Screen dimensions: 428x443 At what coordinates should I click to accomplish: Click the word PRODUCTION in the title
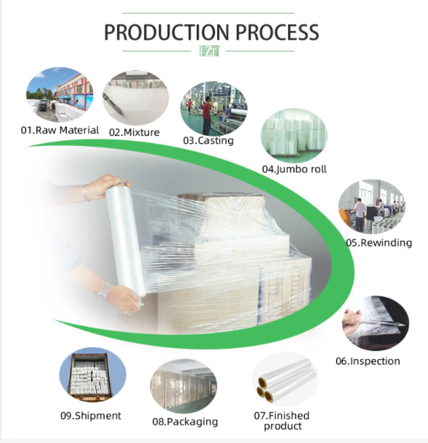pos(167,32)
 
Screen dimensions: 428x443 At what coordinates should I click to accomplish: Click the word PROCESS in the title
pos(277,32)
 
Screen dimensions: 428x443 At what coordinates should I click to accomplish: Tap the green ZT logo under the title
pos(210,51)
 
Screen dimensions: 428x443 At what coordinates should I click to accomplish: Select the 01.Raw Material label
pos(60,131)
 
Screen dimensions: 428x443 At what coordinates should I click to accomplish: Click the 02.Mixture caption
pos(134,132)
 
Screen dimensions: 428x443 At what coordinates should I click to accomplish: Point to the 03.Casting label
pos(208,141)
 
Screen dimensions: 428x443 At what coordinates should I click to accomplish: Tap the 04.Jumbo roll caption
pos(294,169)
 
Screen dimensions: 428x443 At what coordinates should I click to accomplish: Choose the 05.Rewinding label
pos(379,242)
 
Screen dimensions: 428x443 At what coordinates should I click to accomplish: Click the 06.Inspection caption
pos(368,361)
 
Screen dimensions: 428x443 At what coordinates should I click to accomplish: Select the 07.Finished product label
pos(282,421)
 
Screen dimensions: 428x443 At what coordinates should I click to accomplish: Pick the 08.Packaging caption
pos(185,421)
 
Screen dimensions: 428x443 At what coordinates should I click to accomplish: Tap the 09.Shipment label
pos(91,415)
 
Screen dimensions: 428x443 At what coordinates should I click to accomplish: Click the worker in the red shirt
pos(207,115)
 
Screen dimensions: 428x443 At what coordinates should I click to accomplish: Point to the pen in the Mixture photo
pos(112,103)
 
